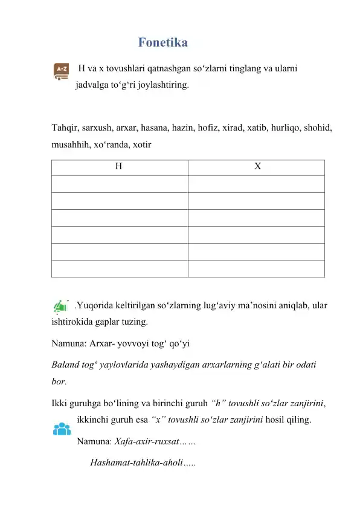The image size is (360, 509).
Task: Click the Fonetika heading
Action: (162, 43)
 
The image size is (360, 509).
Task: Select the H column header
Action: (119, 167)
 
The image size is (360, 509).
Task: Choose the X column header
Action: (256, 167)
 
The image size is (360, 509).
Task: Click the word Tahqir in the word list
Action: (65, 129)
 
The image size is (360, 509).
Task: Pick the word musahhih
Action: (70, 145)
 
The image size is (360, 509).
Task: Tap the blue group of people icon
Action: (62, 430)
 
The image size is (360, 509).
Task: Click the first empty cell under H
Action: (119, 184)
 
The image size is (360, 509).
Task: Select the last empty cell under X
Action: (256, 268)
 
